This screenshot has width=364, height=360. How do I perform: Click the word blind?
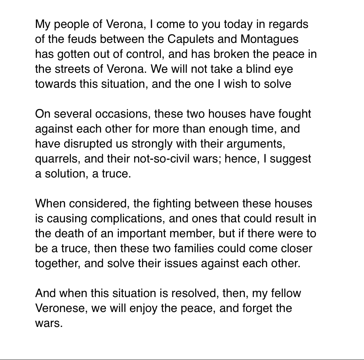[254, 69]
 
